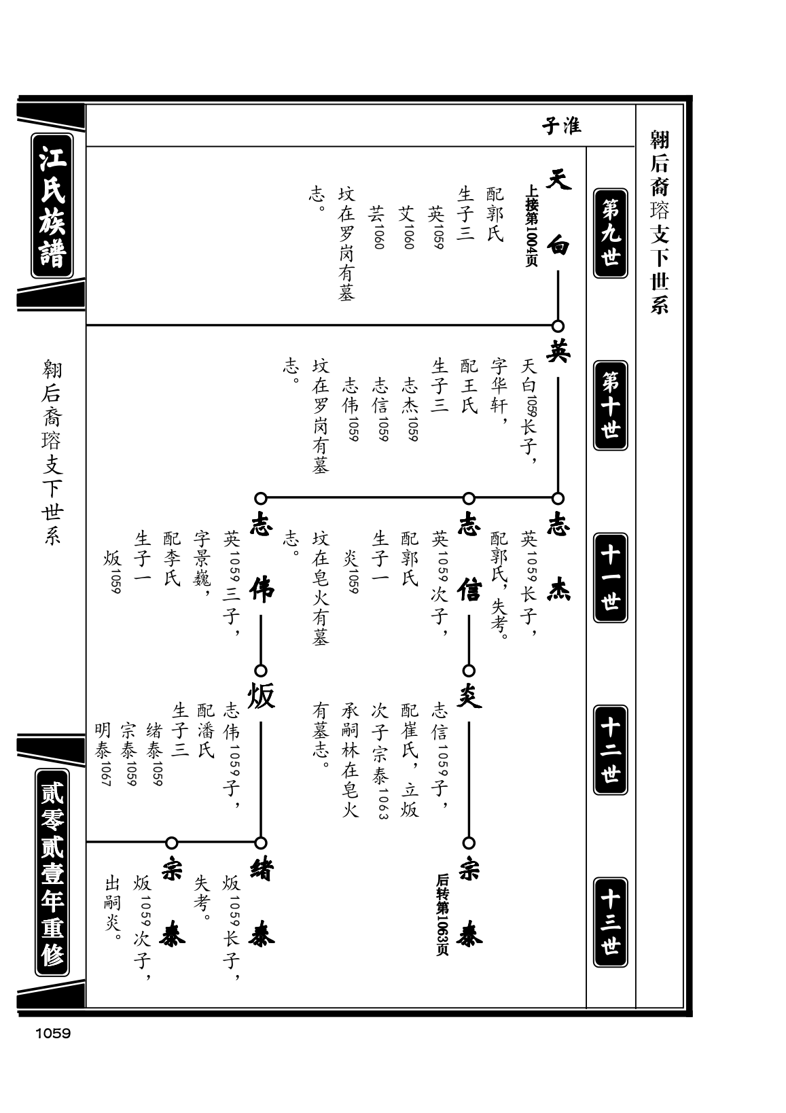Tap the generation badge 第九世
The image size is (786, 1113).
(610, 233)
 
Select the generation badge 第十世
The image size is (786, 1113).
(610, 406)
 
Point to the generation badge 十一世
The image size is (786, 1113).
(610, 578)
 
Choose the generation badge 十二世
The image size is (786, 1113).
(610, 749)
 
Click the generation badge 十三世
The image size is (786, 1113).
(610, 922)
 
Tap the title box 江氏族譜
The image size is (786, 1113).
(52, 206)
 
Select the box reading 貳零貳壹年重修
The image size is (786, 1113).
(52, 872)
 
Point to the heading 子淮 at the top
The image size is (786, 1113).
(561, 126)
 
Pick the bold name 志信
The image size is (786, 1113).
(469, 556)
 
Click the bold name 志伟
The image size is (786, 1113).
(262, 556)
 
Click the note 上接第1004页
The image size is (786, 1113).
(531, 226)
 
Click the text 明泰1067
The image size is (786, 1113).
(103, 754)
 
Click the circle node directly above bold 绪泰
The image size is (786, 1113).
(261, 843)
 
